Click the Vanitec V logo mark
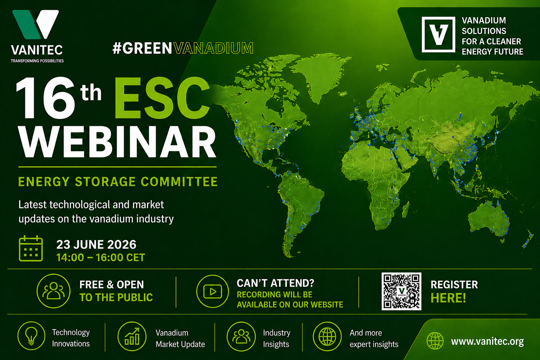(x=36, y=24)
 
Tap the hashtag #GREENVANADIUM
(x=183, y=48)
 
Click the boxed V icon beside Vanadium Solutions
(x=438, y=34)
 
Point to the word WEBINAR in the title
(x=117, y=142)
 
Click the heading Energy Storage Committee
(x=118, y=181)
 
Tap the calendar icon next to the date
(x=31, y=249)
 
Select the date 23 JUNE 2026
(x=96, y=244)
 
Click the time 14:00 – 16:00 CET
(x=101, y=258)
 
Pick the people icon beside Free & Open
(x=53, y=291)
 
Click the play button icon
(x=212, y=291)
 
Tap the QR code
(x=401, y=291)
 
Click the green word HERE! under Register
(x=448, y=298)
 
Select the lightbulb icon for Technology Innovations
(x=31, y=336)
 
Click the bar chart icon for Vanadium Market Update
(x=132, y=336)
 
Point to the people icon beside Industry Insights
(x=241, y=336)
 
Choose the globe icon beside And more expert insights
(x=327, y=336)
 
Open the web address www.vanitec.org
(x=487, y=341)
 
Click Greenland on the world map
(x=318, y=75)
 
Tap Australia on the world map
(x=489, y=219)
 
